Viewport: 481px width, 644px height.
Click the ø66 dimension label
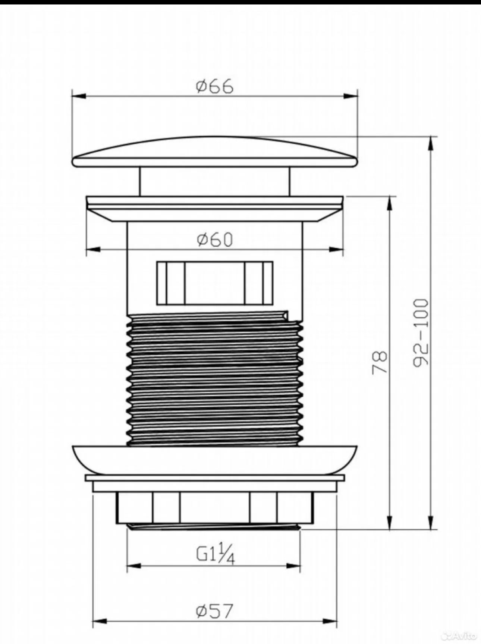[215, 86]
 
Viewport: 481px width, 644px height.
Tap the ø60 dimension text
[215, 239]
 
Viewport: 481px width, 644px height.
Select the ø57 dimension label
[215, 611]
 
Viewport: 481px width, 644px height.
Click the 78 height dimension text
[380, 361]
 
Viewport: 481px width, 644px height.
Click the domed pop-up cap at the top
[215, 152]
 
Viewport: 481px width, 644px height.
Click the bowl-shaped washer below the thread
[214, 459]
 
